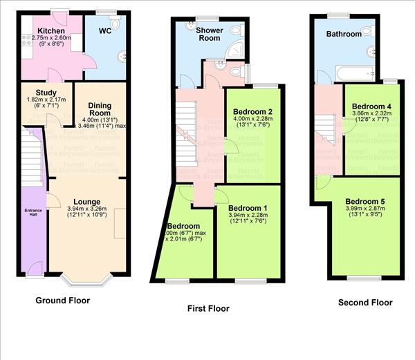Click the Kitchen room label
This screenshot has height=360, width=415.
pos(51,31)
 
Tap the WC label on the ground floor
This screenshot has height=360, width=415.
pos(104,30)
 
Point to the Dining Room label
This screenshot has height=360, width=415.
pos(100,109)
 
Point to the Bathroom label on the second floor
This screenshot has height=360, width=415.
pos(344,34)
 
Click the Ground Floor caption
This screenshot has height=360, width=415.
pos(62,301)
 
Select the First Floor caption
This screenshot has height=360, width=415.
pos(208,309)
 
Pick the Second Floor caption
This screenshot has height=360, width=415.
pos(365,303)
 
